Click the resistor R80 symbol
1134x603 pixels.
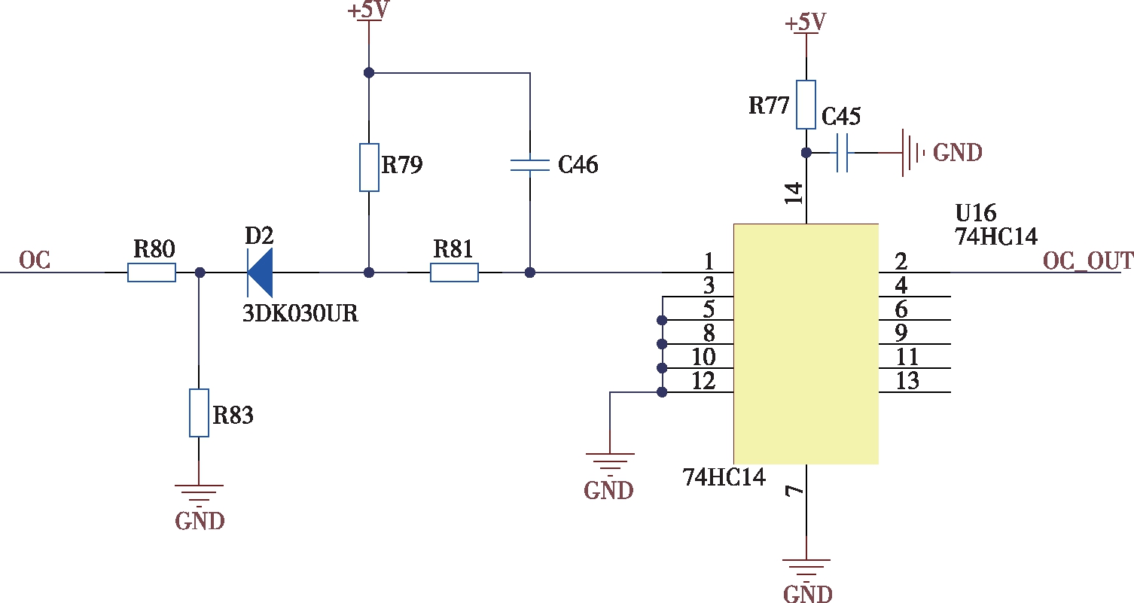pyautogui.click(x=151, y=273)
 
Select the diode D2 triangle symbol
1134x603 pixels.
pyautogui.click(x=261, y=273)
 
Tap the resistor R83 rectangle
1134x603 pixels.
pyautogui.click(x=199, y=413)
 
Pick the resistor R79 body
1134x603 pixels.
pyautogui.click(x=369, y=168)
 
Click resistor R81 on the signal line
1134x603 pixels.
pyautogui.click(x=454, y=273)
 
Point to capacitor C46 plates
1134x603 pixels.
pyautogui.click(x=530, y=165)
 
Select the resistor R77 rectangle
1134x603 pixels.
pyautogui.click(x=806, y=105)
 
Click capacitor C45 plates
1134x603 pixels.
pyautogui.click(x=843, y=152)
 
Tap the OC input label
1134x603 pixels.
pyautogui.click(x=35, y=260)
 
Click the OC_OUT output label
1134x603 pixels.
pyautogui.click(x=1087, y=260)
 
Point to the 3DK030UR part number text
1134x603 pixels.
pyautogui.click(x=300, y=313)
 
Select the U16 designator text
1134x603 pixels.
pyautogui.click(x=976, y=212)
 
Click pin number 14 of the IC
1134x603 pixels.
pyautogui.click(x=794, y=193)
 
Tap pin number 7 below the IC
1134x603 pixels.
pyautogui.click(x=794, y=491)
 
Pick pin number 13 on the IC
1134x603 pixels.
pyautogui.click(x=907, y=381)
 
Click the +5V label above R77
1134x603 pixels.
pyautogui.click(x=806, y=23)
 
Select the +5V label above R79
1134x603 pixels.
pyautogui.click(x=368, y=10)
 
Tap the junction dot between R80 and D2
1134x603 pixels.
pyautogui.click(x=200, y=273)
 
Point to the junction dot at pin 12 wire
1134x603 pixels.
pyautogui.click(x=662, y=392)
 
